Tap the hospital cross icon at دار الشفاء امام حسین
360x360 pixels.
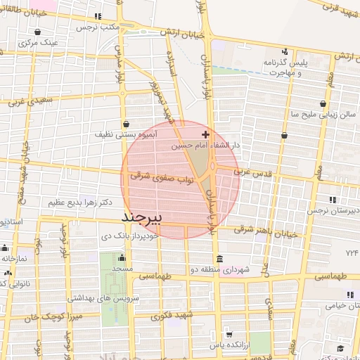click(205, 134)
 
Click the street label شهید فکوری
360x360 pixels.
click(161, 316)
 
